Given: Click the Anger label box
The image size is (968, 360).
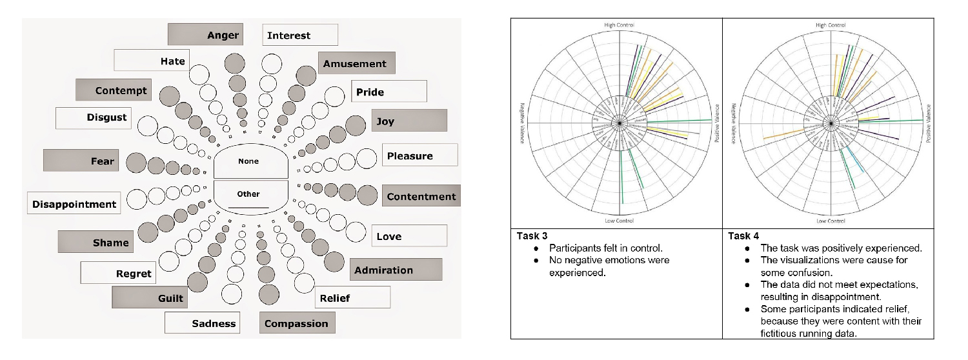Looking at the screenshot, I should (x=205, y=35).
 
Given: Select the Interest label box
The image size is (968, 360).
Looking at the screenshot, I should (x=300, y=35).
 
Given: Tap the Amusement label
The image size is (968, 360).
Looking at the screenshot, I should (x=356, y=63).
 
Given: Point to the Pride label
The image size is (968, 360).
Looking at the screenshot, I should (x=388, y=92).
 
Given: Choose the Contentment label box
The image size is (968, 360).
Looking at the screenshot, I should (x=421, y=197).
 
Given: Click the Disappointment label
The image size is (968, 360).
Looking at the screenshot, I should (x=74, y=204).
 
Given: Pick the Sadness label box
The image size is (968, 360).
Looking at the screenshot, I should (x=202, y=323).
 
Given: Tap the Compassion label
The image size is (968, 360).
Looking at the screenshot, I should (x=297, y=323).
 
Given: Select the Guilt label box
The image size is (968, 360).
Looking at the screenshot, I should (x=149, y=298).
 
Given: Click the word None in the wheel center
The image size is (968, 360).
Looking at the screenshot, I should (x=248, y=161).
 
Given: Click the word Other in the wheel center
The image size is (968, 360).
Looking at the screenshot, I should (x=248, y=194).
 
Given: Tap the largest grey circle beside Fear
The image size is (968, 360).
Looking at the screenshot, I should (x=136, y=163).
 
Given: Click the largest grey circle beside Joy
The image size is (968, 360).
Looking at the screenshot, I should (x=355, y=125).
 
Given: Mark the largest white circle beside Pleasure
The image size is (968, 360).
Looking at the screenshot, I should (x=367, y=157).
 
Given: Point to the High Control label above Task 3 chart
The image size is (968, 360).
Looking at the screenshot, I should (x=619, y=25).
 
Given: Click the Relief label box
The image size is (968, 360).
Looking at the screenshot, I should (x=352, y=297).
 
